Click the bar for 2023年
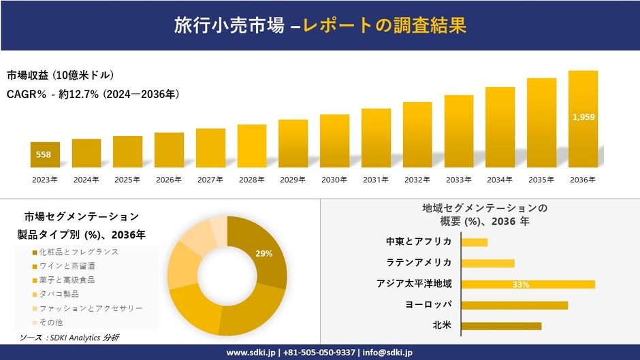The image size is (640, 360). (x=45, y=154)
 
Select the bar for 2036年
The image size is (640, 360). (x=583, y=119)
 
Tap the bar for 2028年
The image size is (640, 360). (x=252, y=146)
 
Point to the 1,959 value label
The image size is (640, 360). (x=583, y=117)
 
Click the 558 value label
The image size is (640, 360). (x=44, y=154)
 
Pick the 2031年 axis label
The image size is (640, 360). (x=376, y=180)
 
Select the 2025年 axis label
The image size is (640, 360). (x=127, y=180)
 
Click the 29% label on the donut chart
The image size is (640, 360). (x=264, y=253)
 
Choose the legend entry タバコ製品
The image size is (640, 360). (x=59, y=294)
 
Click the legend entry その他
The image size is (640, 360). (x=52, y=322)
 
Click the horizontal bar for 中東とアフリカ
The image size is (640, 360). (x=474, y=242)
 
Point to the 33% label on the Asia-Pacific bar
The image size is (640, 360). (x=521, y=284)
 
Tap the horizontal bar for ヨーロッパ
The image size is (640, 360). (x=514, y=305)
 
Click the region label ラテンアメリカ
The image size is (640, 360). (x=419, y=263)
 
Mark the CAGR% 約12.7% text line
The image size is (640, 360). (x=93, y=94)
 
